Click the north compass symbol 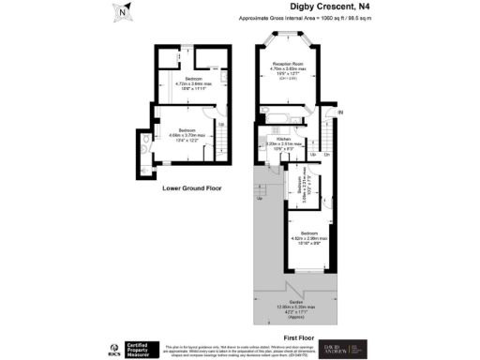coord(123,13)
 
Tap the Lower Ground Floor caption coord(191,187)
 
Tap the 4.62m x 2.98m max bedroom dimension coord(309,236)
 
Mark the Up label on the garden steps coord(259,198)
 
